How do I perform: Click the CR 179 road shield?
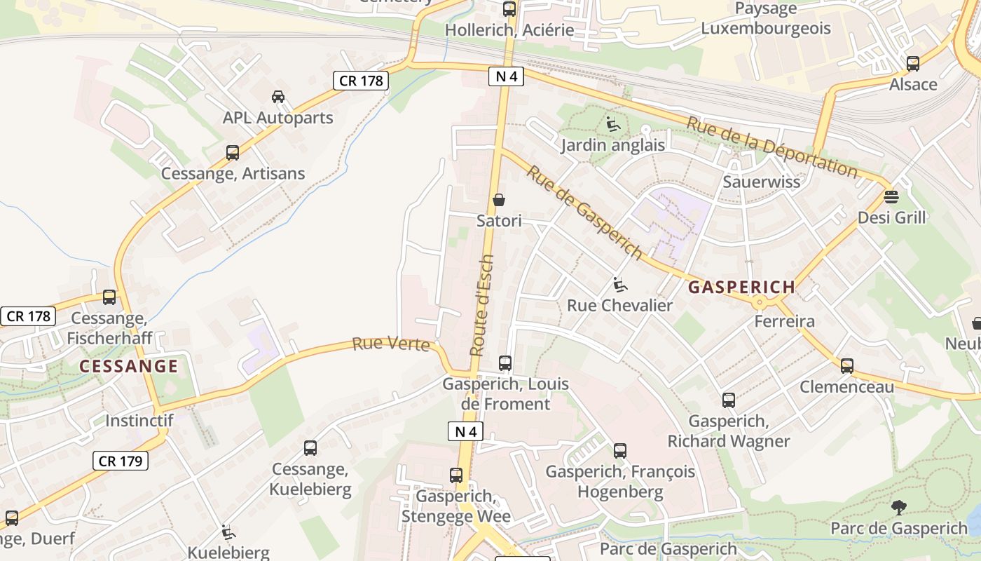click(121, 461)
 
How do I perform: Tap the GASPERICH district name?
click(741, 287)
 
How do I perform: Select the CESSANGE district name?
click(128, 366)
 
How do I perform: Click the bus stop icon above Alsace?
click(912, 64)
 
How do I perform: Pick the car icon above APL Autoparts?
click(278, 97)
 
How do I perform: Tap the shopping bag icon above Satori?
click(499, 200)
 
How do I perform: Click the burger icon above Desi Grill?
click(891, 196)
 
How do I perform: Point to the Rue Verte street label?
click(391, 344)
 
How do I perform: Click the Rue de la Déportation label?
click(771, 147)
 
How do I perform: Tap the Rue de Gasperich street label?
click(584, 212)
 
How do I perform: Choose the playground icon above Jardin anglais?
click(612, 125)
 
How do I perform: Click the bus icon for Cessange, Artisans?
click(232, 152)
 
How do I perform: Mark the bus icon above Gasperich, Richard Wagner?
click(729, 400)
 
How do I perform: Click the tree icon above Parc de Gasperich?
click(898, 507)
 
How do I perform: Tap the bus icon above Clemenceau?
click(847, 365)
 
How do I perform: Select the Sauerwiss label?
click(761, 182)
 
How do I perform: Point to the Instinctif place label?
click(139, 421)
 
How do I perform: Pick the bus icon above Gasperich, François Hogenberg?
click(620, 451)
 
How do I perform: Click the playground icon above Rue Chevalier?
click(619, 285)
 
